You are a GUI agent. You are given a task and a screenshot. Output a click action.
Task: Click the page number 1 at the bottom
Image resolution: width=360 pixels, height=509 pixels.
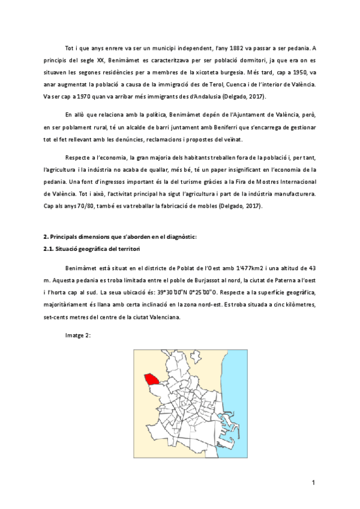(314, 483)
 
